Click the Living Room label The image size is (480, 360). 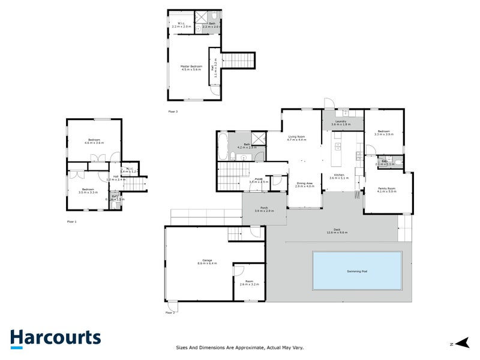[297, 138]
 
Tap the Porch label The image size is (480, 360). [264, 209]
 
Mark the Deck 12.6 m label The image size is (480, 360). [337, 231]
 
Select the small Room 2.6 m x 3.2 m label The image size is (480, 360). [248, 282]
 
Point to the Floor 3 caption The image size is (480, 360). [173, 112]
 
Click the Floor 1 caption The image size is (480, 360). [71, 221]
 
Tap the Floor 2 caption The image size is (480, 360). [170, 313]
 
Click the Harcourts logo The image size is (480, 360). [55, 338]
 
